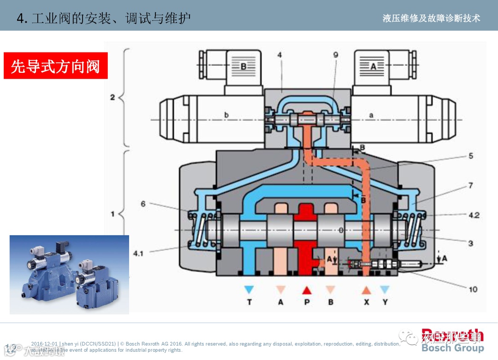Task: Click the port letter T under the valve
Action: tap(249, 302)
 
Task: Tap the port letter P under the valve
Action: tap(307, 302)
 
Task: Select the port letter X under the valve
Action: tap(366, 302)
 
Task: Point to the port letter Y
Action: tap(385, 302)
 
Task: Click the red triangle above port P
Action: tap(307, 290)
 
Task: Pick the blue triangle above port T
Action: tap(249, 290)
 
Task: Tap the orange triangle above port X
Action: tap(366, 290)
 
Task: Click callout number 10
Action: tap(473, 289)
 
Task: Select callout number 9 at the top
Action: tap(336, 55)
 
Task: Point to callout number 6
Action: tap(143, 203)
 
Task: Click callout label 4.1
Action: tap(138, 253)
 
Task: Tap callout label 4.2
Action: tap(474, 215)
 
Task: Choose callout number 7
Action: tap(471, 186)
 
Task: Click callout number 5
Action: tap(471, 156)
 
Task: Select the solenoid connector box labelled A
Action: tap(374, 66)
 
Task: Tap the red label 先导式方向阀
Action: tap(55, 66)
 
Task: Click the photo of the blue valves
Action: tap(69, 274)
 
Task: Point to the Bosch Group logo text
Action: tap(452, 348)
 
